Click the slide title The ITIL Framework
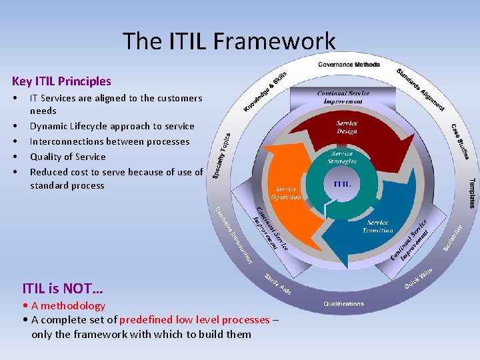[229, 41]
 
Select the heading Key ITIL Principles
[61, 81]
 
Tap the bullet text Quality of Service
[67, 157]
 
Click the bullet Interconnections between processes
[109, 141]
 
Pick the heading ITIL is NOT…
[63, 289]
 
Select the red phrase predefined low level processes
[194, 320]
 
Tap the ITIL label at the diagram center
[342, 183]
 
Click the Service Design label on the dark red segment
[347, 127]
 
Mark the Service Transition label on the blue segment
[377, 227]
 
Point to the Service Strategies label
[342, 157]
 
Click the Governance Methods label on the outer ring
[349, 65]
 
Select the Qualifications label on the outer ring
[343, 304]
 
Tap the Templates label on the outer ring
[472, 193]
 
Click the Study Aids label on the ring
[277, 284]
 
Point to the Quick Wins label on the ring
[419, 278]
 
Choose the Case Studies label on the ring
[460, 141]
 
